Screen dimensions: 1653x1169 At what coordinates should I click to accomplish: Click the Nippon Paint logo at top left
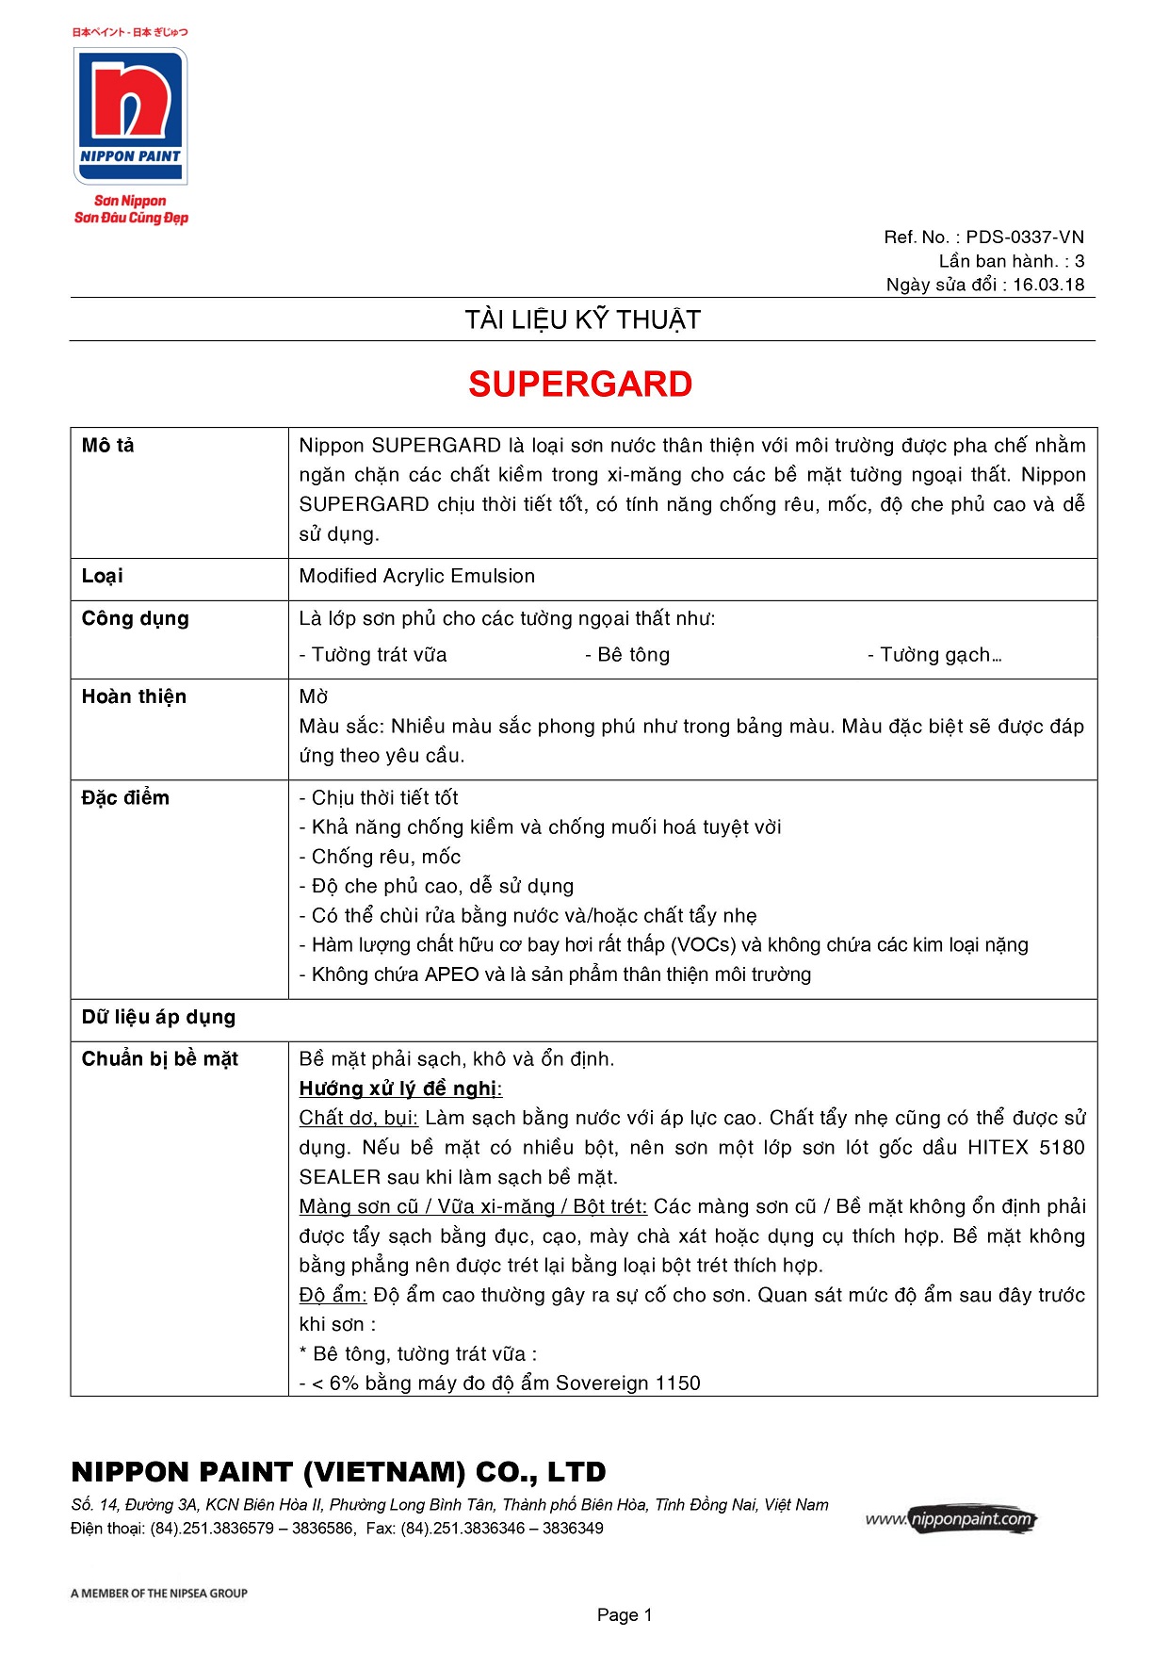(130, 117)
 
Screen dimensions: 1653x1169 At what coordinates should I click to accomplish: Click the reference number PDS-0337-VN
(1025, 237)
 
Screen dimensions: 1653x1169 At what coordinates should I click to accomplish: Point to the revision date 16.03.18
(1048, 285)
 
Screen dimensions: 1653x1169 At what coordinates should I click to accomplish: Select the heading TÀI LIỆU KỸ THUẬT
(582, 320)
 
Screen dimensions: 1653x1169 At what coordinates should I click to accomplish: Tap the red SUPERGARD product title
(580, 385)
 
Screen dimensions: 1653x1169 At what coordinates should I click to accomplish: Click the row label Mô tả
(108, 446)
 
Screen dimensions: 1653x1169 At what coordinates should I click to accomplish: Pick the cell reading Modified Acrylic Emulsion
(416, 576)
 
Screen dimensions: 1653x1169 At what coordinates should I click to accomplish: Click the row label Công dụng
(136, 618)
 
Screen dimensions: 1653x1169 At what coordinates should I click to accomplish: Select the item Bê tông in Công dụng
(627, 655)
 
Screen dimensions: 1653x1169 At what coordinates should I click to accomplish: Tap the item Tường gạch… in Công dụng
(934, 655)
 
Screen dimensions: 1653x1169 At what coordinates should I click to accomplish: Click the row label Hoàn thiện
(134, 696)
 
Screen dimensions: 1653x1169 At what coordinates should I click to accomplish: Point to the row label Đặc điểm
(125, 798)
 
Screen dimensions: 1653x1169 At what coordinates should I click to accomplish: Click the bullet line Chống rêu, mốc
(381, 857)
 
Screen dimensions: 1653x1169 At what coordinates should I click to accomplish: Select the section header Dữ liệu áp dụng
(158, 1017)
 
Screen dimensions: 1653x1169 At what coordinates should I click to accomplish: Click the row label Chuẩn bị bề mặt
(159, 1059)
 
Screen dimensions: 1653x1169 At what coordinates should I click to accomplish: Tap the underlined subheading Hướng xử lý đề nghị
(399, 1088)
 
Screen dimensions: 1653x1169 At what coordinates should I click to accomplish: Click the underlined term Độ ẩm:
(333, 1295)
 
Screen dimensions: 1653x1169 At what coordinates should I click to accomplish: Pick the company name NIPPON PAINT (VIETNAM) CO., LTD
(338, 1472)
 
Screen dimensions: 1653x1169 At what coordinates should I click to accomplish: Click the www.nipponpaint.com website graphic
(950, 1519)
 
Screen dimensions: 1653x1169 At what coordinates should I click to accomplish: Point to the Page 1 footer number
(624, 1614)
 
